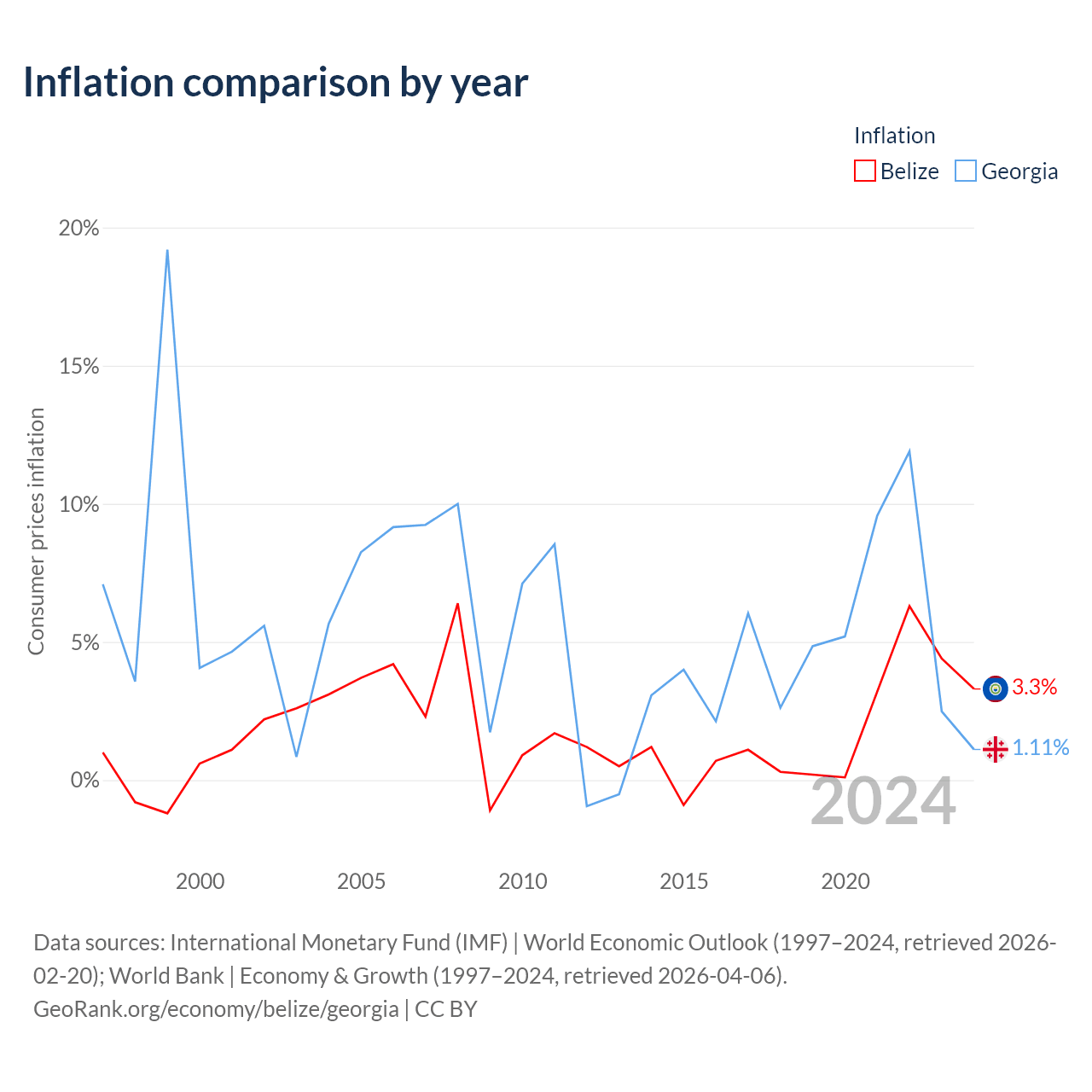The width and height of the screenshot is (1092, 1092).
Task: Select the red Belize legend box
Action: click(864, 171)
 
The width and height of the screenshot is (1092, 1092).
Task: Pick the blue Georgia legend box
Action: click(965, 171)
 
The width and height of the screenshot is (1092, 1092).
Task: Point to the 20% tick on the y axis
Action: click(78, 228)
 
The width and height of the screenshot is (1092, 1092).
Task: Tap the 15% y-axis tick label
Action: click(78, 366)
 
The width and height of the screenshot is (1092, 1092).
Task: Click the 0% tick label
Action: click(84, 780)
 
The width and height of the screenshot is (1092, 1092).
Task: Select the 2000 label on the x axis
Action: click(200, 881)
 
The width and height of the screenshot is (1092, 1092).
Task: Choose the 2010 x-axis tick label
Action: click(522, 881)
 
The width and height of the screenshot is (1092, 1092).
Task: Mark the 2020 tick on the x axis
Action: click(845, 881)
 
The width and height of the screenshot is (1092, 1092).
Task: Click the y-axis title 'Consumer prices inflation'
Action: click(36, 531)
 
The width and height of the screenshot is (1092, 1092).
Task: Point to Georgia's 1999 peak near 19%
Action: click(167, 250)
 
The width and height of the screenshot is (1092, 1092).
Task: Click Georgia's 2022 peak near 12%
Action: click(909, 451)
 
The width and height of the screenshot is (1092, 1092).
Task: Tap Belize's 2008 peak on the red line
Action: click(457, 603)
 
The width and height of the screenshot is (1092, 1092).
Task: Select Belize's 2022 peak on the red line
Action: click(909, 606)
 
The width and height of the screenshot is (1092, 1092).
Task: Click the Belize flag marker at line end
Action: click(995, 688)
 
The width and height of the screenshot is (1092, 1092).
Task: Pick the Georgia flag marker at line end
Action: click(995, 749)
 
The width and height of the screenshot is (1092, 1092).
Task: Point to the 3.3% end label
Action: click(1034, 687)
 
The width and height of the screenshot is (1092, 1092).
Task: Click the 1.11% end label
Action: click(1041, 747)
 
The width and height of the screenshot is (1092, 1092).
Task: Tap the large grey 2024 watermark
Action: click(883, 802)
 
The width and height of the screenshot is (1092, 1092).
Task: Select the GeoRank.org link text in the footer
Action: click(216, 1008)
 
